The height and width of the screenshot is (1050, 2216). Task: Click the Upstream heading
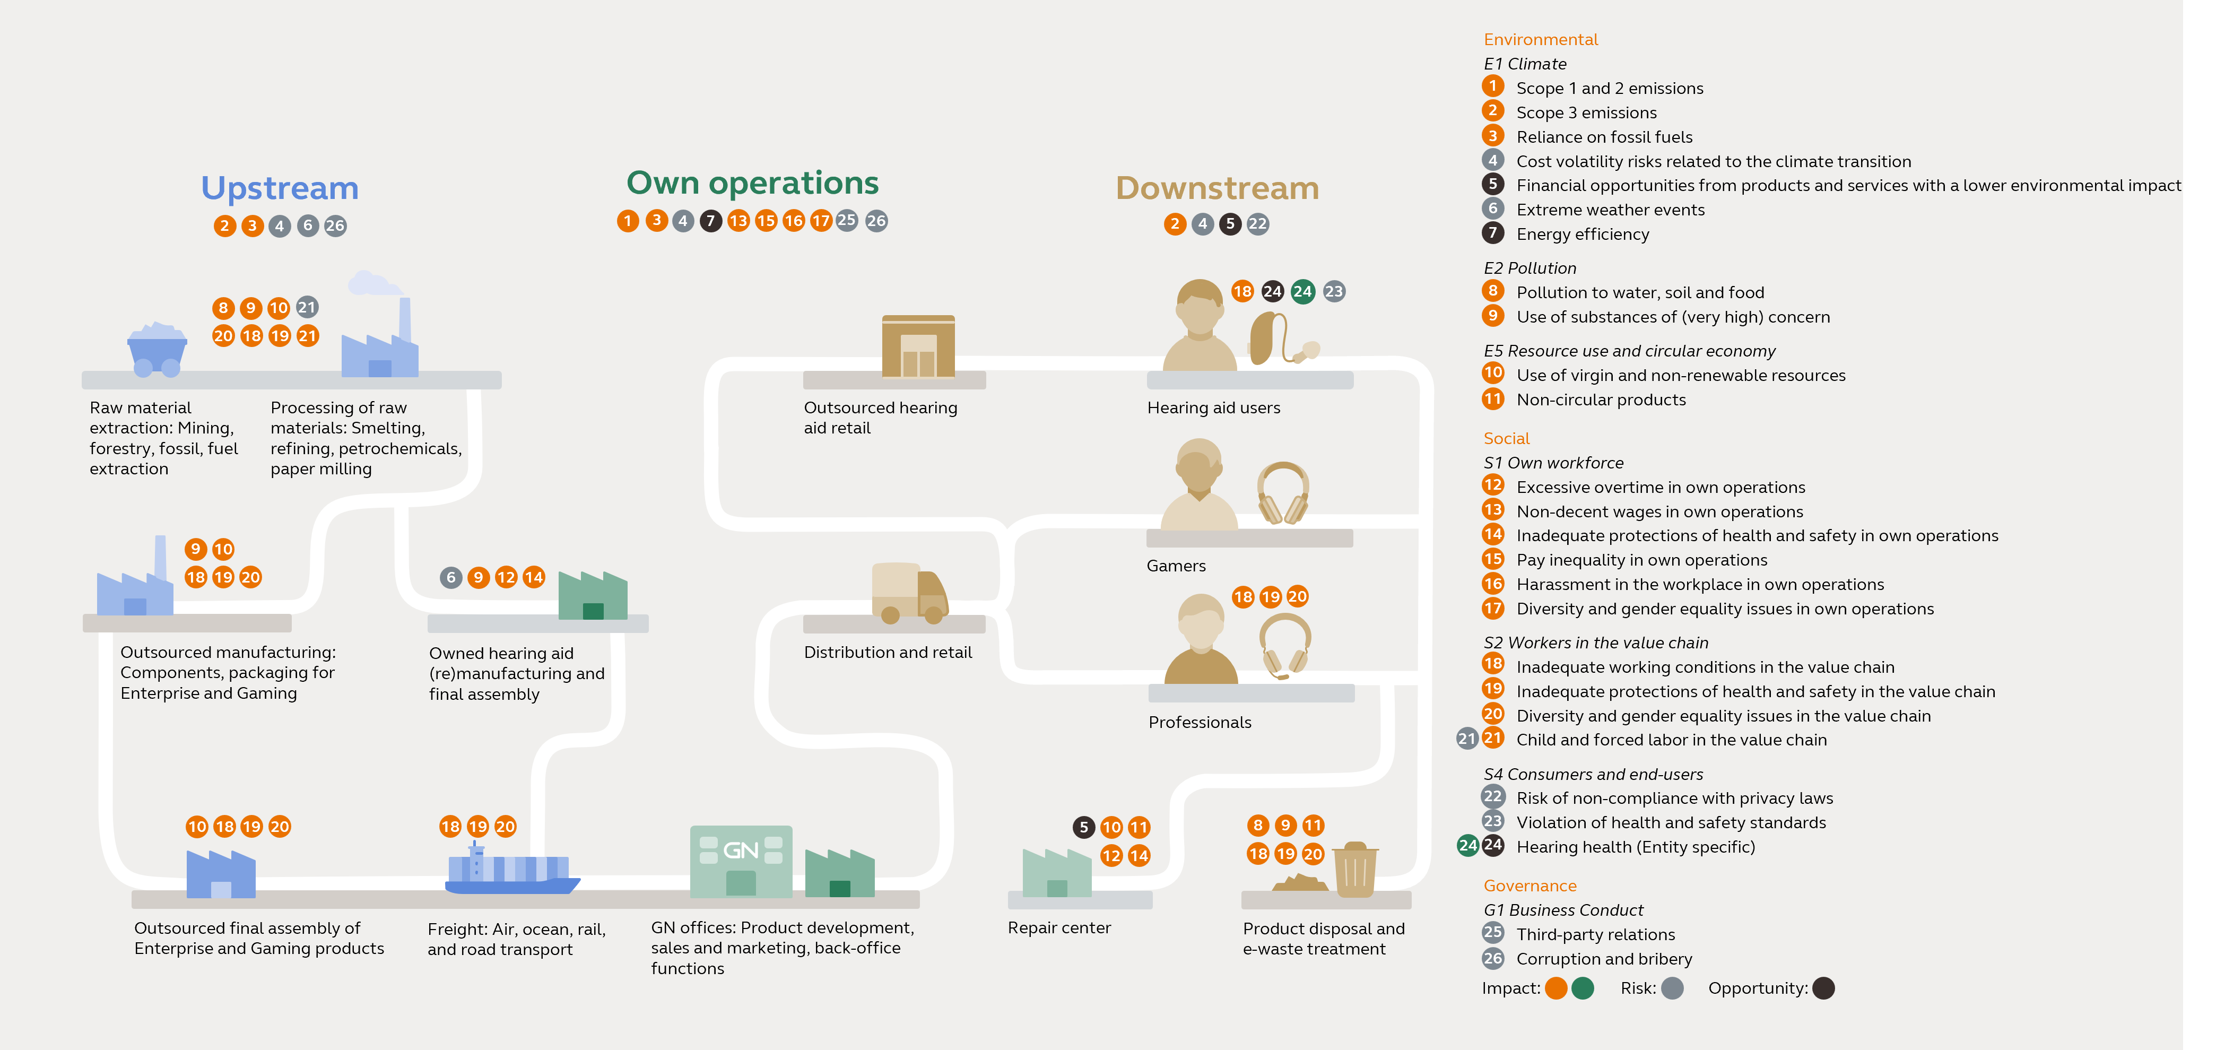pyautogui.click(x=280, y=188)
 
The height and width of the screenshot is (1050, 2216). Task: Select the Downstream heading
pyautogui.click(x=1216, y=188)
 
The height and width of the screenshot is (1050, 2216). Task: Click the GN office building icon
pyautogui.click(x=741, y=861)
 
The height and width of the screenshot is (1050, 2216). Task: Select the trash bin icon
pyautogui.click(x=1355, y=870)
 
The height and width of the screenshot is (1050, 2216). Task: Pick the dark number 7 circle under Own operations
pyautogui.click(x=710, y=221)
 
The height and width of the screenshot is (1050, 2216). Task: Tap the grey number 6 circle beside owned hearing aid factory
pyautogui.click(x=451, y=577)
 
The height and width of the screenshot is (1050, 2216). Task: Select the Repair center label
pyautogui.click(x=1059, y=928)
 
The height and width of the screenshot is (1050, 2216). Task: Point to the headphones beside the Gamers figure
pyautogui.click(x=1283, y=493)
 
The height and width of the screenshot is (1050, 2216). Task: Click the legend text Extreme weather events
pyautogui.click(x=1610, y=210)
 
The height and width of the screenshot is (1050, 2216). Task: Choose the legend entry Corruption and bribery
pyautogui.click(x=1603, y=959)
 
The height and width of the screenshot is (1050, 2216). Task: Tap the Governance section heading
pyautogui.click(x=1530, y=886)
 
